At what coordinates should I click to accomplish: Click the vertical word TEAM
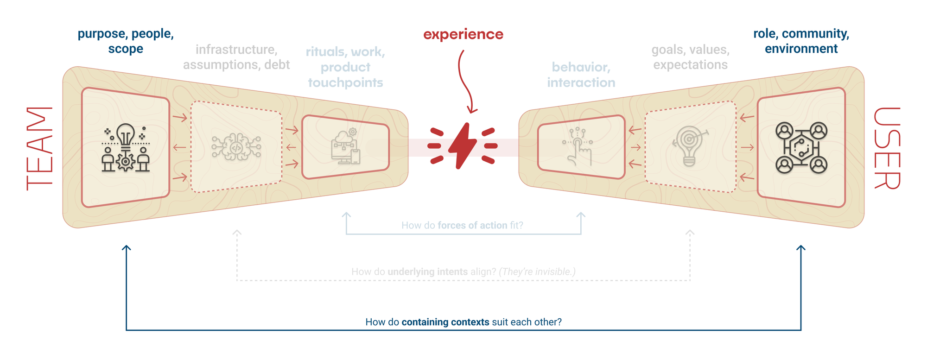pos(39,148)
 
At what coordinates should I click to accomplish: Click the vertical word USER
pos(887,148)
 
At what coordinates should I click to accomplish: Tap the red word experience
pos(463,34)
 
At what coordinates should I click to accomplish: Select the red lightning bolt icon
pos(462,146)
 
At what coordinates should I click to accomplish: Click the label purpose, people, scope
pos(126,41)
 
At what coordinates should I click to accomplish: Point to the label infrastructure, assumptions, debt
pos(236,57)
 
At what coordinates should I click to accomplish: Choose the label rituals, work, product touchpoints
pos(345,67)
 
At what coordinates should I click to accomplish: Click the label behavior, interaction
pos(581,75)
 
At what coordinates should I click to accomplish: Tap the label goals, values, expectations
pos(690,57)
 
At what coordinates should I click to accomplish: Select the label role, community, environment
pos(801,41)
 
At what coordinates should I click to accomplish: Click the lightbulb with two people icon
pos(126,148)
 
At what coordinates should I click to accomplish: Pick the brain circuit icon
pos(236,147)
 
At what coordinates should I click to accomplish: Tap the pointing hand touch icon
pos(578,146)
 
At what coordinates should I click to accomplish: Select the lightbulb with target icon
pos(690,146)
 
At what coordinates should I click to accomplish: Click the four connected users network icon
pos(801,148)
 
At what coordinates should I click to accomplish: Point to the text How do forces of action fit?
pos(462,226)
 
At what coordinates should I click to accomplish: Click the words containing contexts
pos(445,322)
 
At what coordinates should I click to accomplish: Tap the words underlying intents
pos(427,272)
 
